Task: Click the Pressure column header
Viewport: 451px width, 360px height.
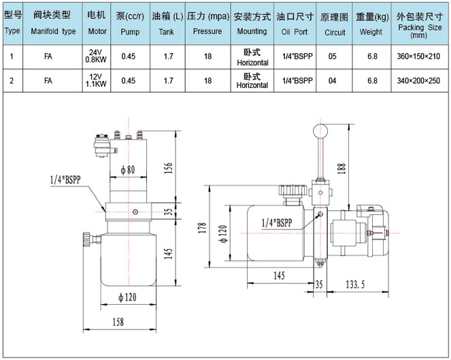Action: pyautogui.click(x=208, y=23)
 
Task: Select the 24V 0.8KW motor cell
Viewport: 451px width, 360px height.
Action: pyautogui.click(x=96, y=56)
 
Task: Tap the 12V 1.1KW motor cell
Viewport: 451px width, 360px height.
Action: pyautogui.click(x=96, y=80)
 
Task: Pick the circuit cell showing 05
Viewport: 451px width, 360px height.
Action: pyautogui.click(x=333, y=56)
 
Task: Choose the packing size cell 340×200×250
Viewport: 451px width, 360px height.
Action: pyautogui.click(x=418, y=80)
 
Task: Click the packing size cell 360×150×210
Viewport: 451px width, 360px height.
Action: pyautogui.click(x=418, y=56)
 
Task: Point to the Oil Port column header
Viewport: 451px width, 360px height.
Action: pyautogui.click(x=295, y=23)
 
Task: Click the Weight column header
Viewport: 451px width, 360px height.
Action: pyautogui.click(x=372, y=23)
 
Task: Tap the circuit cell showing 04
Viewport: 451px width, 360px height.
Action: pyautogui.click(x=333, y=80)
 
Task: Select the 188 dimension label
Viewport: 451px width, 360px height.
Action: pyautogui.click(x=341, y=168)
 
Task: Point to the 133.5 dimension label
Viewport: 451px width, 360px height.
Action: pyautogui.click(x=355, y=284)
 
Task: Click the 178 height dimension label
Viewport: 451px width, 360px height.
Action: pyautogui.click(x=203, y=227)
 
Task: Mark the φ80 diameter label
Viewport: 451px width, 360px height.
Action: pyautogui.click(x=128, y=169)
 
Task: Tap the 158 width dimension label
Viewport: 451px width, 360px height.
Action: pyautogui.click(x=118, y=322)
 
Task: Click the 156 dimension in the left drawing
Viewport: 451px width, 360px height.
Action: pyautogui.click(x=168, y=168)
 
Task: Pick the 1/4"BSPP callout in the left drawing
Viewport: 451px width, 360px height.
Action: pyautogui.click(x=65, y=180)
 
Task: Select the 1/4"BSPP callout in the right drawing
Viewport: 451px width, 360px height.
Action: pyautogui.click(x=277, y=223)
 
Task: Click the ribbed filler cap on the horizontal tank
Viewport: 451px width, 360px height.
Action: pyautogui.click(x=293, y=191)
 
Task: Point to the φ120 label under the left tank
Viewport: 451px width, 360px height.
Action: pyautogui.click(x=127, y=297)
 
